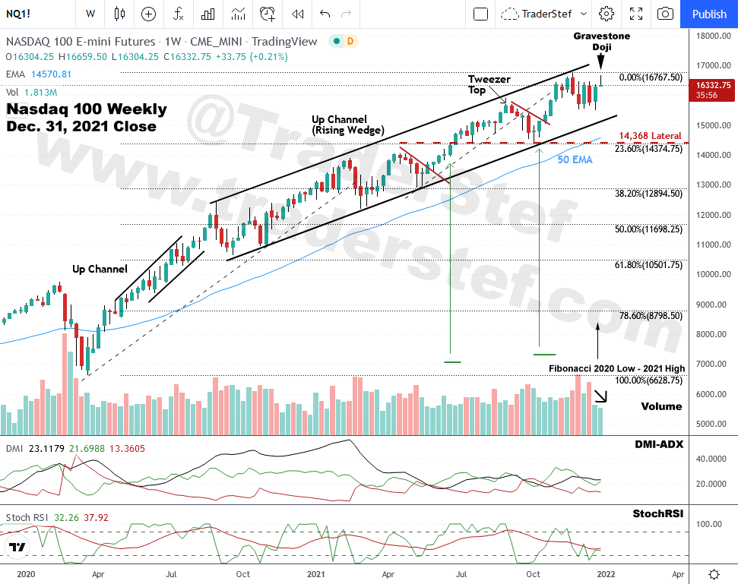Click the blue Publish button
[709, 14]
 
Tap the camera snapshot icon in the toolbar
[665, 14]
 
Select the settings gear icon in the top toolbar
[606, 14]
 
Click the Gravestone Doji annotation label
[601, 41]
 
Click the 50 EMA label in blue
[574, 159]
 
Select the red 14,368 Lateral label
[650, 135]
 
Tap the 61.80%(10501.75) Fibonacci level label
[648, 265]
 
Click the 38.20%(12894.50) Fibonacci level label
[648, 194]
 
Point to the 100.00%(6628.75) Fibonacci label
[650, 380]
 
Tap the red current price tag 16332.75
[713, 90]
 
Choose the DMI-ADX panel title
[659, 444]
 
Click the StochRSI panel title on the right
[657, 514]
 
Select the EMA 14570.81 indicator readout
[39, 74]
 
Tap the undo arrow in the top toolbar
[325, 14]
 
